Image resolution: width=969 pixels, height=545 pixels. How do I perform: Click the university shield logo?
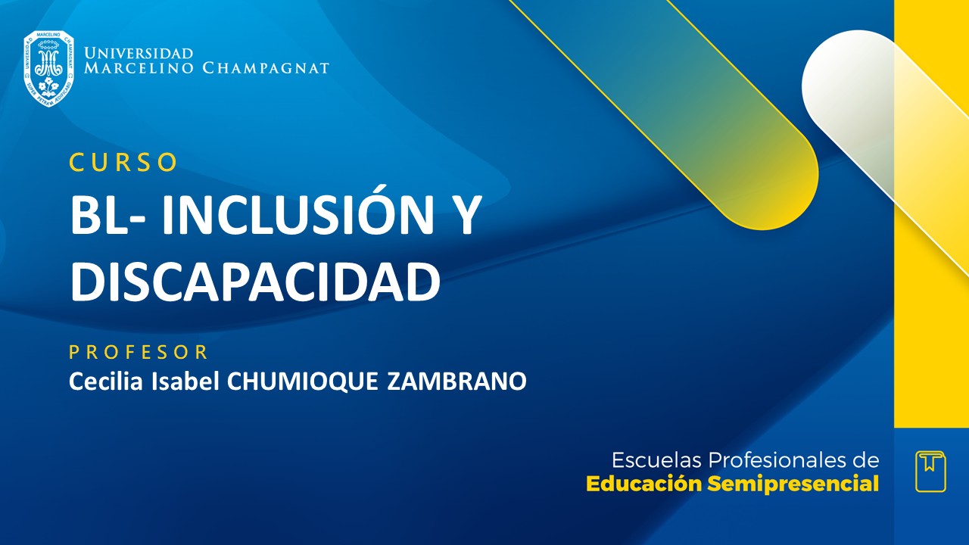(48, 69)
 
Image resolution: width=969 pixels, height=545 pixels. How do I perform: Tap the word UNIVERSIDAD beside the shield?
(139, 54)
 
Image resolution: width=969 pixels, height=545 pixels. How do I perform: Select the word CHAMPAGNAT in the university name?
(266, 69)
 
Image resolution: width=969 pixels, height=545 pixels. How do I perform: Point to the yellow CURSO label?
(123, 163)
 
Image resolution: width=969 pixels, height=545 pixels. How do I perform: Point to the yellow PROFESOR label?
(139, 352)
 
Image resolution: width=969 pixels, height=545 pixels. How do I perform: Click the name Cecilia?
(97, 381)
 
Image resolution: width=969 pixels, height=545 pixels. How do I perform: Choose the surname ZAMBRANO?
(456, 381)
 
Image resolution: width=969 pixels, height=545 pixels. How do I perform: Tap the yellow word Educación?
(644, 484)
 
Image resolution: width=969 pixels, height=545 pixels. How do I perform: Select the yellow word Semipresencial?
(793, 484)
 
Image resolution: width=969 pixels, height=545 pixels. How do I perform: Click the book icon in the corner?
(930, 472)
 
